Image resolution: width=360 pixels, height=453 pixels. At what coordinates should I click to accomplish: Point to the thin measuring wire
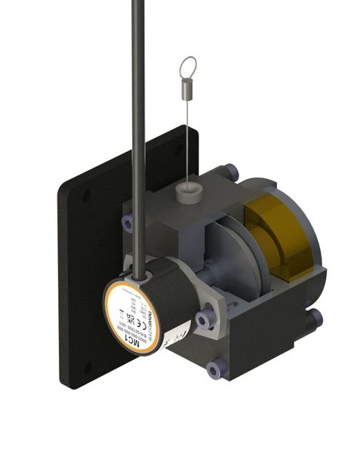pos(185,143)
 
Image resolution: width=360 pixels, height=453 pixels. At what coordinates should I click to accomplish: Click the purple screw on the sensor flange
pos(202,320)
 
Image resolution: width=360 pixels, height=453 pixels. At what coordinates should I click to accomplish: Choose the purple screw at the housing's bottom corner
pos(212,369)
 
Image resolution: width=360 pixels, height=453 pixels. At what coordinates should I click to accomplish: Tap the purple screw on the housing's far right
pos(315,318)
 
